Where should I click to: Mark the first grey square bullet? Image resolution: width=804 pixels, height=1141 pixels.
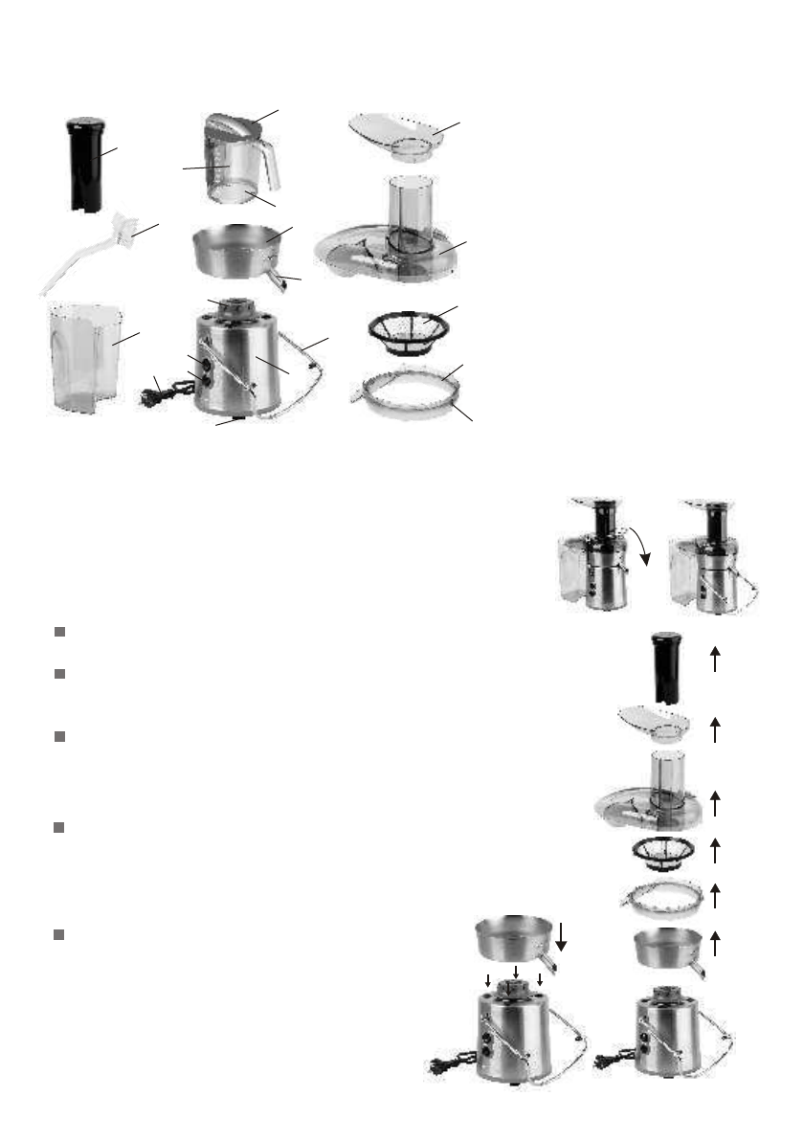point(59,633)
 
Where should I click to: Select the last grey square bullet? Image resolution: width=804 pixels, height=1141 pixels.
point(59,934)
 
